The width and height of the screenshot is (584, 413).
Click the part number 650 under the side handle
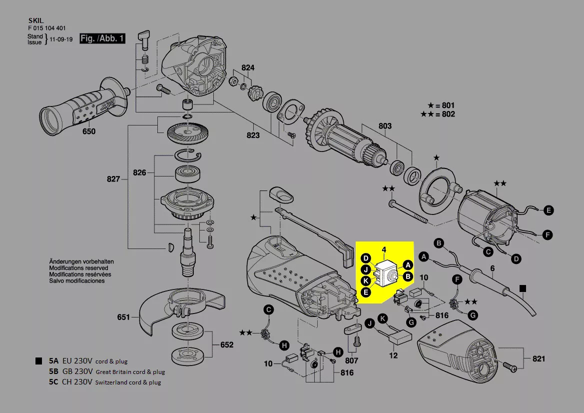pos(89,131)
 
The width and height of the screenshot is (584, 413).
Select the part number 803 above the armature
pos(385,126)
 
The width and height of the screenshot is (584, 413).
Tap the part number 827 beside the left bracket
pos(113,179)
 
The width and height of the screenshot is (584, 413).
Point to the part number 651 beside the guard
pos(123,317)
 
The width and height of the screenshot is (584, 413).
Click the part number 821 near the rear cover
pos(539,359)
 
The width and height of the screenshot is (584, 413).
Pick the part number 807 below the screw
pos(351,360)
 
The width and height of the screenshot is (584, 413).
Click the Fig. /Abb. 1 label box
pos(102,38)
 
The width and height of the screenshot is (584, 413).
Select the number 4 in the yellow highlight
pos(384,249)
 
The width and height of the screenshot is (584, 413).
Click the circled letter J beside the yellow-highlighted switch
pos(366,269)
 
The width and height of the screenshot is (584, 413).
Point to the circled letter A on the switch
pos(407,264)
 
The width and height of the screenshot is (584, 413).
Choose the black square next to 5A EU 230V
pos(38,361)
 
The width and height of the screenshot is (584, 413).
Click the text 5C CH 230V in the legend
pos(70,382)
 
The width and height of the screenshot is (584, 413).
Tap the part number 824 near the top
pos(248,68)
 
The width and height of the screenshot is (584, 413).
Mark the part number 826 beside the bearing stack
pos(139,173)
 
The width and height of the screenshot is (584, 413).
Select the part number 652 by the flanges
pos(227,345)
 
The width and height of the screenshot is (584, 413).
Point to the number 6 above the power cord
pos(492,268)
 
